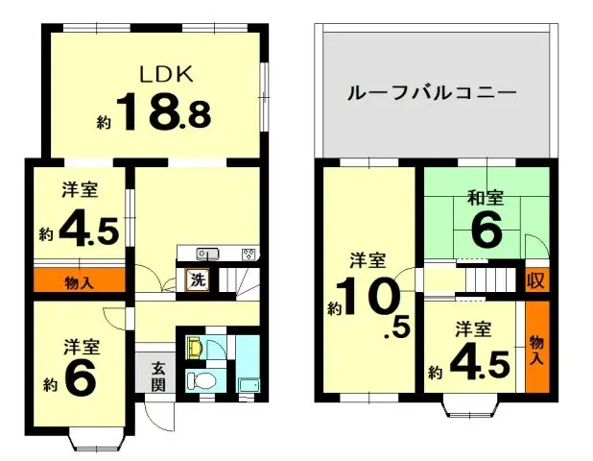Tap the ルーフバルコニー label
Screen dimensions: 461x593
432,94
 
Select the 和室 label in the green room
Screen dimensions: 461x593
486,198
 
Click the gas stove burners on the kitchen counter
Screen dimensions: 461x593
249,254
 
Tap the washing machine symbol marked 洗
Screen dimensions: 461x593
196,280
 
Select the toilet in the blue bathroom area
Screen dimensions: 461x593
198,378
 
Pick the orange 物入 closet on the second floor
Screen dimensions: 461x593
536,346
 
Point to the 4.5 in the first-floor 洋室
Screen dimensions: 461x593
87,230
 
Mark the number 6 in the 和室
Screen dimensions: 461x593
487,230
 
